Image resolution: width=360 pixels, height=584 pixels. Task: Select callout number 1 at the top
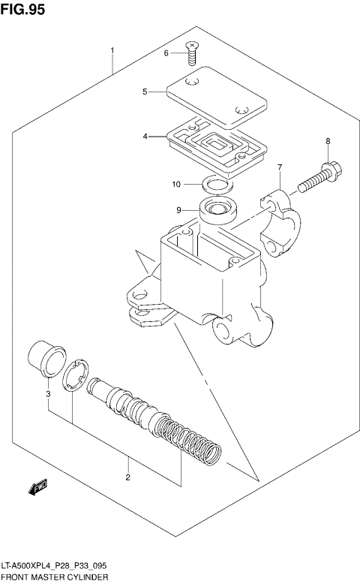pos(112,50)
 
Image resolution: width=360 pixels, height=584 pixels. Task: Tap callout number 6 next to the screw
pos(166,53)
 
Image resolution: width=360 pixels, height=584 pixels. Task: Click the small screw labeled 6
pos(193,50)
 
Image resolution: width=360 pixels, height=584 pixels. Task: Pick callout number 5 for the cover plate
pos(145,92)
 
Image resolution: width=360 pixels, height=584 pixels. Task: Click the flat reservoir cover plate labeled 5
pos(214,98)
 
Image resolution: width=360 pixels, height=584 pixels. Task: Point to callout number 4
pos(145,137)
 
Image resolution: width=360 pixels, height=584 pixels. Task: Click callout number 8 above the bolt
pos(328,141)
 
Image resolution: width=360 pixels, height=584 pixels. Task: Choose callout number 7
pos(279,167)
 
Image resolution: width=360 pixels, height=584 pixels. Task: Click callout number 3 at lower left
pos(48,393)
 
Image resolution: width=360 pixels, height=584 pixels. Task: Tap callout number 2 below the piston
pos(127,477)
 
